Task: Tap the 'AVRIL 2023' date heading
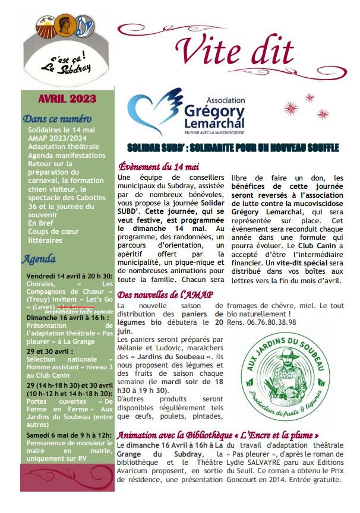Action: point(67,100)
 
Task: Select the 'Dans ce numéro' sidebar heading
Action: point(57,119)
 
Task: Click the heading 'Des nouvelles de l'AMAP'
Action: point(165,295)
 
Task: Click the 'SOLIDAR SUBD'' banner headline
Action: point(233,147)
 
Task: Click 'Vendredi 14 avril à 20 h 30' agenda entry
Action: point(69,276)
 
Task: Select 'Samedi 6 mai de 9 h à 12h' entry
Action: point(68,435)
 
